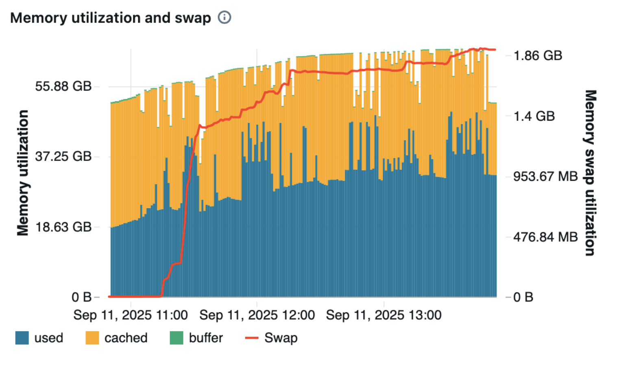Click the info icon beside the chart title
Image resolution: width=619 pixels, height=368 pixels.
point(224,17)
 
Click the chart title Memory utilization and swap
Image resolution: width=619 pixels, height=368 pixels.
point(110,18)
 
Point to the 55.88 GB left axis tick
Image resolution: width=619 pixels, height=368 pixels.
point(63,86)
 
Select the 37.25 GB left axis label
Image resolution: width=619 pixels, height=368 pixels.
point(63,156)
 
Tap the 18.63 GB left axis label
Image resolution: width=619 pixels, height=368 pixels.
point(63,227)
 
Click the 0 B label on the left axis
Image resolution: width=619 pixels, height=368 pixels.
point(81,297)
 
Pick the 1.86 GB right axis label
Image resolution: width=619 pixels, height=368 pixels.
point(538,56)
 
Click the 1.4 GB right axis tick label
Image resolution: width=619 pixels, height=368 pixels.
point(534,116)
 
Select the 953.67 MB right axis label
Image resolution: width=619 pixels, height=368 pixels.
point(545,176)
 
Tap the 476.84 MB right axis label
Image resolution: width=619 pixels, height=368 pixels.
point(545,237)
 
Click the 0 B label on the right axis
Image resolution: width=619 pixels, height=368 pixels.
point(523,297)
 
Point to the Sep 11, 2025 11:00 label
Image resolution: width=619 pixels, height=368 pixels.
point(131,315)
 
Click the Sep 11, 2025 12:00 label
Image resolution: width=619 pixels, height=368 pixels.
point(257,315)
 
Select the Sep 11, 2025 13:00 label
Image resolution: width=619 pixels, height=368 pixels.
point(384,315)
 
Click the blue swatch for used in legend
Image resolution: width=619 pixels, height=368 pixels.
point(22,338)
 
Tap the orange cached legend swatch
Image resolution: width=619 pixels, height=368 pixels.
point(92,338)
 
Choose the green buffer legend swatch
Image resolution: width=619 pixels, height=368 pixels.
point(177,338)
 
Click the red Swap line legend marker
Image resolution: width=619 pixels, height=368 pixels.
point(252,338)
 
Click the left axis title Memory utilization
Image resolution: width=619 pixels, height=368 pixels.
point(23,173)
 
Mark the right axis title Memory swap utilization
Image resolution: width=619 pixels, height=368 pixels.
point(590,173)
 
